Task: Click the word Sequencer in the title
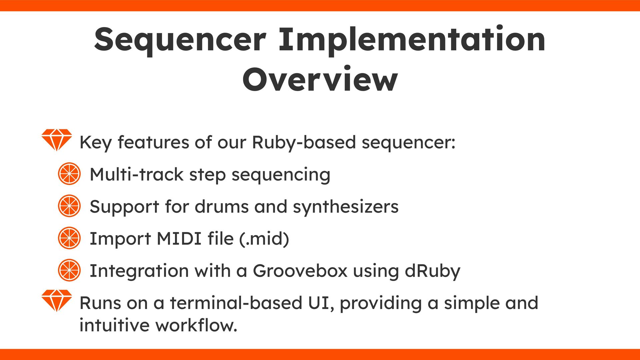coord(180,40)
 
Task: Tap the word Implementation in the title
coord(412,40)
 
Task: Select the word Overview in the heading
coord(320,80)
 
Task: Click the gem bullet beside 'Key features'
coord(57,140)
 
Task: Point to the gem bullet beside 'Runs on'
coord(57,300)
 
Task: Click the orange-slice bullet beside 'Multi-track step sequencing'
coord(69,174)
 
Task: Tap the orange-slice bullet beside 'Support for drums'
coord(69,206)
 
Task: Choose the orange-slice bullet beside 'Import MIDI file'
coord(69,238)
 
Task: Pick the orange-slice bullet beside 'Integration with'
coord(69,270)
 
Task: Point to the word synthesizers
coord(346,207)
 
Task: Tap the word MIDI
coord(179,239)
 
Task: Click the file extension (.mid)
coord(264,239)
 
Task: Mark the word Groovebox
coord(300,271)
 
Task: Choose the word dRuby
coord(432,271)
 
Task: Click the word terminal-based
coord(236,303)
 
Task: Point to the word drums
coord(222,207)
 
